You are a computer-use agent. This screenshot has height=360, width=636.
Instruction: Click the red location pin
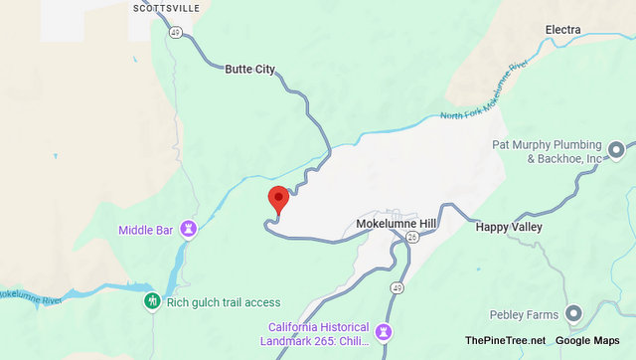pyautogui.click(x=279, y=198)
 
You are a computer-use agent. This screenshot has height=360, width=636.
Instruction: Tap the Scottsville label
pyautogui.click(x=165, y=8)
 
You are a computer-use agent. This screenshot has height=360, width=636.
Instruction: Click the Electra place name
pyautogui.click(x=563, y=30)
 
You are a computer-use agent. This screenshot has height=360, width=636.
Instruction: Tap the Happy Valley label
pyautogui.click(x=511, y=227)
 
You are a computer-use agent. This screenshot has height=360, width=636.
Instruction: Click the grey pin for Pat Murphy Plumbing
pyautogui.click(x=616, y=151)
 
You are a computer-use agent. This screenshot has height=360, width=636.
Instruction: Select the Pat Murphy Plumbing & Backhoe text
pyautogui.click(x=549, y=151)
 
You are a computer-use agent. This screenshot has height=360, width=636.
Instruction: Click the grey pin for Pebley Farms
pyautogui.click(x=573, y=314)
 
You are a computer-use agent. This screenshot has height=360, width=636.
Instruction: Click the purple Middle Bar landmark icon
pyautogui.click(x=188, y=230)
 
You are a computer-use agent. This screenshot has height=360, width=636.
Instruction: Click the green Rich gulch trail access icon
pyautogui.click(x=152, y=301)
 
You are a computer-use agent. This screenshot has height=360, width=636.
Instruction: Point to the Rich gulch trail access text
pyautogui.click(x=224, y=302)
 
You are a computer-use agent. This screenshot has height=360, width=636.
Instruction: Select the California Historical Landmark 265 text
pyautogui.click(x=318, y=334)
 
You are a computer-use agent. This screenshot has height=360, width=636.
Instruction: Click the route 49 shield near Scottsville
pyautogui.click(x=175, y=32)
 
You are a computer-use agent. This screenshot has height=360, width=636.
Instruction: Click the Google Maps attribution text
pyautogui.click(x=589, y=341)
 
